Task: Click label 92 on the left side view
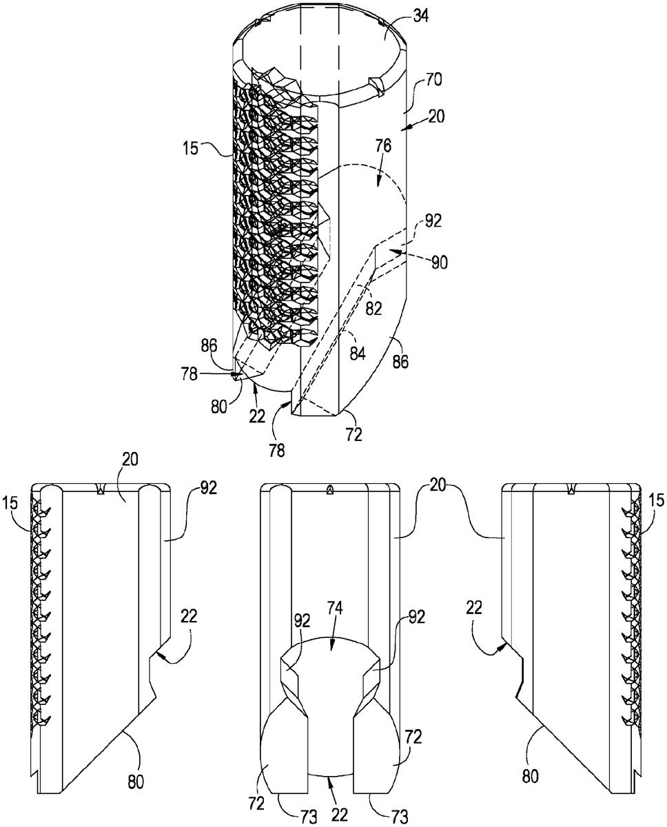coord(209,489)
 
